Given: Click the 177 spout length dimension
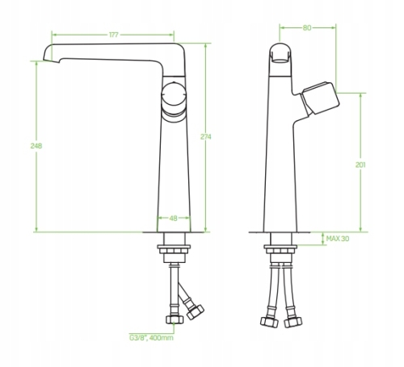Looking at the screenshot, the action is coord(114,35).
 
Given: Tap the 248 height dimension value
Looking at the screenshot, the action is coord(36,146).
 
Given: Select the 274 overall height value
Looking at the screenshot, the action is coord(206,137).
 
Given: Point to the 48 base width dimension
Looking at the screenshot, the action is coord(174,219).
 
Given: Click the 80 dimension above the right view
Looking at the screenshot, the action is coord(307,27).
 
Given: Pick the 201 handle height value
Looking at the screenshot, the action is coord(360,165).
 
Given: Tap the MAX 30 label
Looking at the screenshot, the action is coord(338,239).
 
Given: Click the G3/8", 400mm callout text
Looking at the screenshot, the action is coord(151,337).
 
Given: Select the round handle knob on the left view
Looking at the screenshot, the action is coord(174,96).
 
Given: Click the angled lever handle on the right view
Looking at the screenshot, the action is coord(320,98).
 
